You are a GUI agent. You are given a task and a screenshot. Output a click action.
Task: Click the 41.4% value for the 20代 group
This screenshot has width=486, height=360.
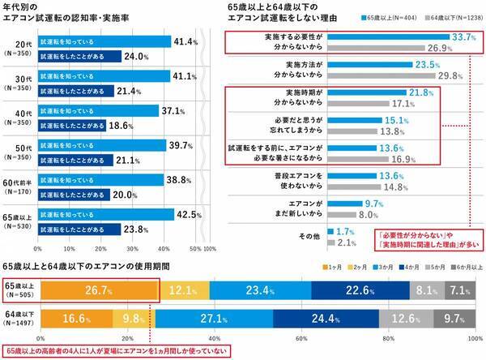(x=185, y=41)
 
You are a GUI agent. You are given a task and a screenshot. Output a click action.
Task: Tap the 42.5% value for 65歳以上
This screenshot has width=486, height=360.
(x=188, y=215)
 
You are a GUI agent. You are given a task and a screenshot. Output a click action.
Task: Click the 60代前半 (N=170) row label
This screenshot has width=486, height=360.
(x=18, y=187)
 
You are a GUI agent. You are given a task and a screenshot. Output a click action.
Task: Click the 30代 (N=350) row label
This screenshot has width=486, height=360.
(x=18, y=84)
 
